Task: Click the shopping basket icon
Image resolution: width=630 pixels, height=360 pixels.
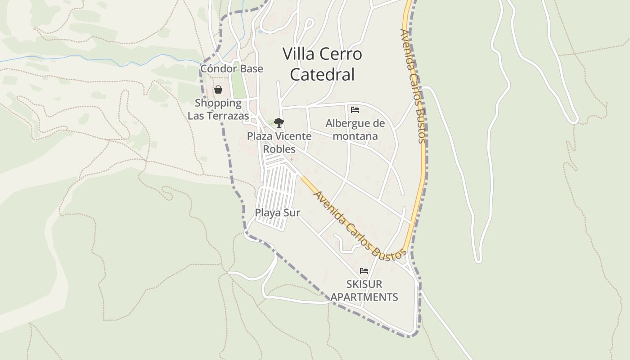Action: click(218, 90)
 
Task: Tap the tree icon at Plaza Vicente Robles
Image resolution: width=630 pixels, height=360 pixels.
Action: click(279, 122)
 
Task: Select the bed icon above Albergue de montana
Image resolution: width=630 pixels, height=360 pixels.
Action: click(355, 109)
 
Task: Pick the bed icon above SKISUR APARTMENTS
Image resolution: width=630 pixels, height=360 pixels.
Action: click(364, 271)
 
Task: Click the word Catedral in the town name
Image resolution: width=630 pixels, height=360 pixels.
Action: click(322, 74)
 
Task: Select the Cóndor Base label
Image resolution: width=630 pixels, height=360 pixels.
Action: click(232, 69)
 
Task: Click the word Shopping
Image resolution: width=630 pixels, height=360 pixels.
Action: click(218, 103)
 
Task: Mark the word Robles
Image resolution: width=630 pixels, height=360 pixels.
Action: click(279, 149)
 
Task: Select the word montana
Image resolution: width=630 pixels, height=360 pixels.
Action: click(355, 136)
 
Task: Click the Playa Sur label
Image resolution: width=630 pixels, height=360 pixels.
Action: click(278, 213)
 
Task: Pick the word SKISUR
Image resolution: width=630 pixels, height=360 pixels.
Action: click(364, 284)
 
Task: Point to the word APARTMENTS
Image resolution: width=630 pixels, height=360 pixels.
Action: click(364, 297)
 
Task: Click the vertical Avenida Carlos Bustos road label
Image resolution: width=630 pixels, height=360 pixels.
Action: click(413, 85)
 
